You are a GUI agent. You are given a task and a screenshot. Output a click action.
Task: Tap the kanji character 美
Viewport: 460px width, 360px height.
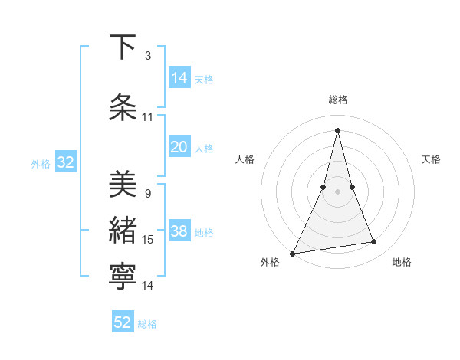123,184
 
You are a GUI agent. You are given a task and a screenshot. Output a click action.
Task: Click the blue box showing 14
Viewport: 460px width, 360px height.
179,78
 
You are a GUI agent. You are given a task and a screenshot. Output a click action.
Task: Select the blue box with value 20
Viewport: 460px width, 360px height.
179,148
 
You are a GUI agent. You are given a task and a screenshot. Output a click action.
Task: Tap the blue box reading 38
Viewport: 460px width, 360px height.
179,232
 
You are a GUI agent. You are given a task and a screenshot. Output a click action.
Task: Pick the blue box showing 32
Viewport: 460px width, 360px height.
65,163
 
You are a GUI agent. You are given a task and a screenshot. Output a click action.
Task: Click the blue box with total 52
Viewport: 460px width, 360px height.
123,322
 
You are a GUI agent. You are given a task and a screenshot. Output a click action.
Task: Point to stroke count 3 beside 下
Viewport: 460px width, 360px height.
148,55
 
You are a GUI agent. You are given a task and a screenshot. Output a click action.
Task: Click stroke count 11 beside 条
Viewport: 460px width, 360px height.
148,117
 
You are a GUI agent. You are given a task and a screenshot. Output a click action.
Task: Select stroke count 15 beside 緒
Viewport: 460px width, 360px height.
148,240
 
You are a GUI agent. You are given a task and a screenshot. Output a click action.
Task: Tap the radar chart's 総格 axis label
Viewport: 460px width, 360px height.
338,100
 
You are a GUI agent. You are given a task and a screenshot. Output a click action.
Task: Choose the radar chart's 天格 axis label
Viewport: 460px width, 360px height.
432,159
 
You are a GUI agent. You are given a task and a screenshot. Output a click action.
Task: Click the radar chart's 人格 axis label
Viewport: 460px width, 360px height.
245,159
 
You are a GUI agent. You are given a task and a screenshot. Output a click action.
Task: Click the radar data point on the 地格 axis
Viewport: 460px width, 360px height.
374,242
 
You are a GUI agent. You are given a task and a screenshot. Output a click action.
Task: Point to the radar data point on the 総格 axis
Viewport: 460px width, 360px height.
338,130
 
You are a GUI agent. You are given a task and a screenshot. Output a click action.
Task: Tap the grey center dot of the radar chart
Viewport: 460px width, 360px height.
338,192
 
